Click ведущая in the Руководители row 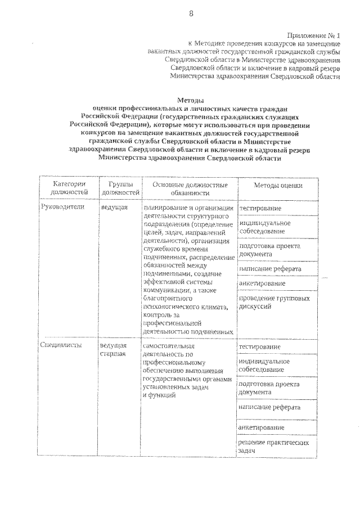tap(115, 207)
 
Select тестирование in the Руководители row tap(260, 209)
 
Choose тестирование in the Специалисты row tap(259, 346)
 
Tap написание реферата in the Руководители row tap(269, 269)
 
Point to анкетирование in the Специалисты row tap(261, 427)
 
